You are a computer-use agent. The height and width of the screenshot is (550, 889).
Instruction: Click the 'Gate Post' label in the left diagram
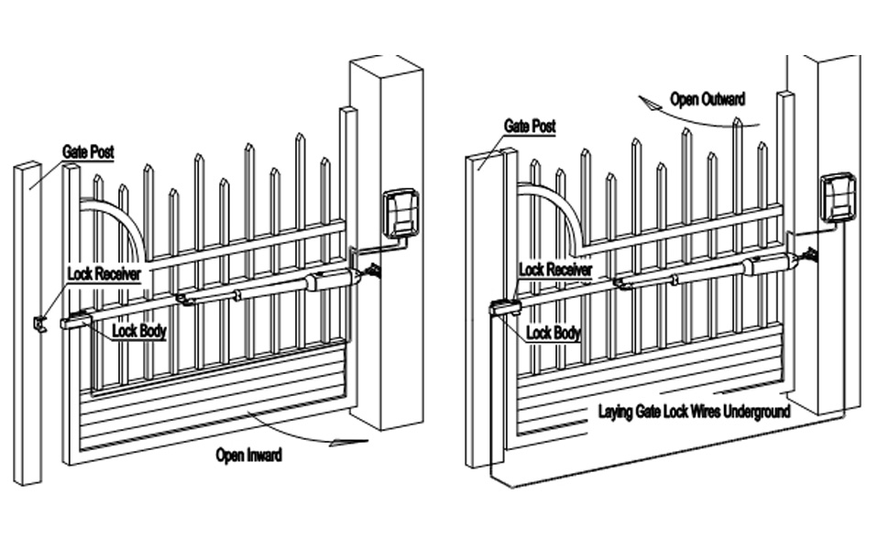[x=88, y=152]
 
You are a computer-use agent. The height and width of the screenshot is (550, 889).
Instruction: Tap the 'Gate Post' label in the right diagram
[x=530, y=126]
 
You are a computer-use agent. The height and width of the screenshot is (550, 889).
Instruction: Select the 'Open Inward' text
[x=248, y=454]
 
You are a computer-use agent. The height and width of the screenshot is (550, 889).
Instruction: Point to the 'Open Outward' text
[x=708, y=99]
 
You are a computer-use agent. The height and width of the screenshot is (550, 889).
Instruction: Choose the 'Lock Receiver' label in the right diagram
[x=555, y=269]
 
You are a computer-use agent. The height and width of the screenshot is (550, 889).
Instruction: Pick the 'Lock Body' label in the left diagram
[x=139, y=331]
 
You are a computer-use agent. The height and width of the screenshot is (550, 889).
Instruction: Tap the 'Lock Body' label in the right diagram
[x=554, y=334]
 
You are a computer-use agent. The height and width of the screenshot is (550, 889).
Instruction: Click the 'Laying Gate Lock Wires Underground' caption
[x=694, y=412]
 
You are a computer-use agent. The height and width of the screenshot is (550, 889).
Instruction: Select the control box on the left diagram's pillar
[x=401, y=213]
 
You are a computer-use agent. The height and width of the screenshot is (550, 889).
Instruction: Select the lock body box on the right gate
[x=503, y=309]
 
